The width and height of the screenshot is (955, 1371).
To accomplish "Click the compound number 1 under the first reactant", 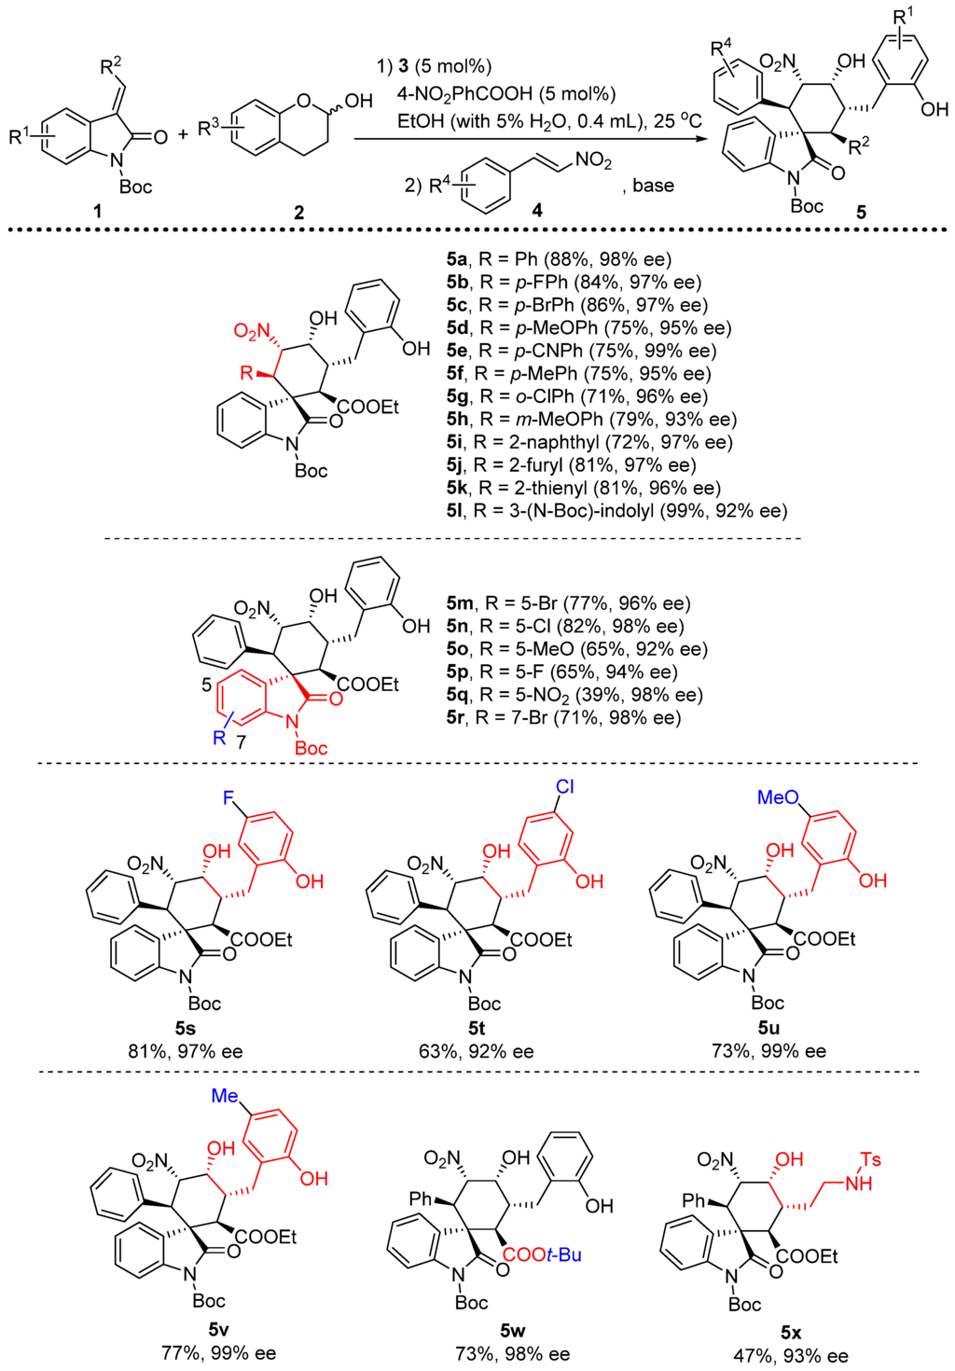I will coord(98,212).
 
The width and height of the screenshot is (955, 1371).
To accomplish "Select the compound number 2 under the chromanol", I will coord(298,213).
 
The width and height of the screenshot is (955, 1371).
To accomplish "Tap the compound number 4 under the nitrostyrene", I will coord(536,211).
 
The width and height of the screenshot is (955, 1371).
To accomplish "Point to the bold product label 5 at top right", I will coord(861,213).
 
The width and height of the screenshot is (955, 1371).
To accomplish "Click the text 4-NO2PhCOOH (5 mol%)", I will coord(506,93).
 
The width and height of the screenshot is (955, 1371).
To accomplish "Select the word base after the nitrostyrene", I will coord(653,186).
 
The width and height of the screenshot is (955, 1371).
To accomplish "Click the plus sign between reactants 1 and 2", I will coord(183,134).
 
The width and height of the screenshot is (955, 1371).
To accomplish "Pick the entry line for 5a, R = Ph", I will coord(559,259).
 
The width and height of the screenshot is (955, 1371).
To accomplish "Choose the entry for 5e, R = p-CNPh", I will coord(581,351).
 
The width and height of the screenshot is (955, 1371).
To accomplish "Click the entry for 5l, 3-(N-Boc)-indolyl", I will coord(616,510).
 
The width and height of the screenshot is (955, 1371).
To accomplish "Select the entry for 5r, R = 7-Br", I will coord(563,717).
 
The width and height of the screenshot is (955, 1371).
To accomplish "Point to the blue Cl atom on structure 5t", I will coord(565,786).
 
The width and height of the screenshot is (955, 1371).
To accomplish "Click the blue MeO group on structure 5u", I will coord(778,797).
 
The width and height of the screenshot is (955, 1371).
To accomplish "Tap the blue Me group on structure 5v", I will coord(225,1096).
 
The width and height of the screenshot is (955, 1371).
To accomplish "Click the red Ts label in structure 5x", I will coord(870,1159).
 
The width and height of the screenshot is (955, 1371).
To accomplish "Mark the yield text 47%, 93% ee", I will coord(791,1355).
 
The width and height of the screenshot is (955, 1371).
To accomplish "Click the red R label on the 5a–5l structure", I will coord(246,373).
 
